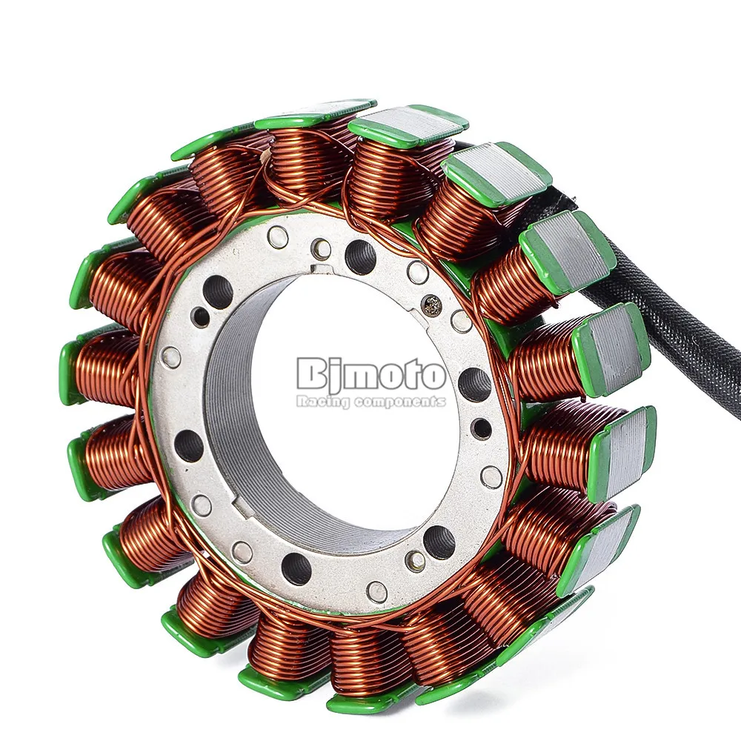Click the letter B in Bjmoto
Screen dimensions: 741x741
[313, 373]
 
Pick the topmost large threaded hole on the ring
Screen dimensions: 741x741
[360, 256]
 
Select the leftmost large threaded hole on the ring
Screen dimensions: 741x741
[188, 445]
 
